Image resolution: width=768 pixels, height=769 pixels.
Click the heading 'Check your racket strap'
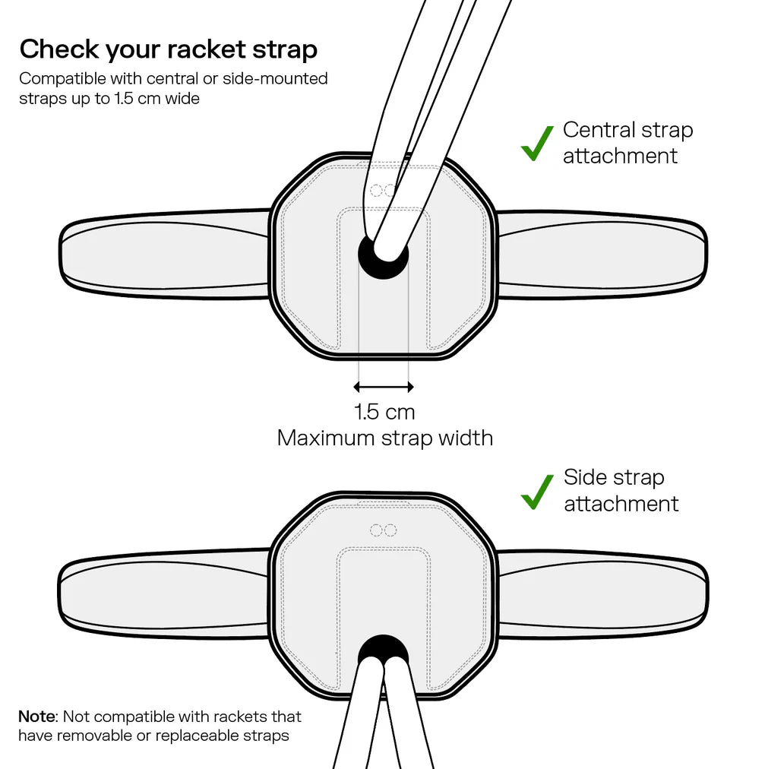[x=168, y=49]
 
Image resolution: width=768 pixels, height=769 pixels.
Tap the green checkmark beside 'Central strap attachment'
[x=537, y=143]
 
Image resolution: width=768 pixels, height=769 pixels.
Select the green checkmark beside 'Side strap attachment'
[x=537, y=492]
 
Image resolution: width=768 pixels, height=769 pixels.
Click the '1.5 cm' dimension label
[x=384, y=413]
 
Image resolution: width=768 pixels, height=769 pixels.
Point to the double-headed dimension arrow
[x=384, y=387]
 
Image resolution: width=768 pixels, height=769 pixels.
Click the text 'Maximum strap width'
[x=384, y=438]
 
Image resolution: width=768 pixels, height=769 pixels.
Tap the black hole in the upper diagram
[x=384, y=258]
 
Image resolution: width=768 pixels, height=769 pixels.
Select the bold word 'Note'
[x=36, y=717]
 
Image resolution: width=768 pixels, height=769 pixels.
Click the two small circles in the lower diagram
[x=383, y=530]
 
